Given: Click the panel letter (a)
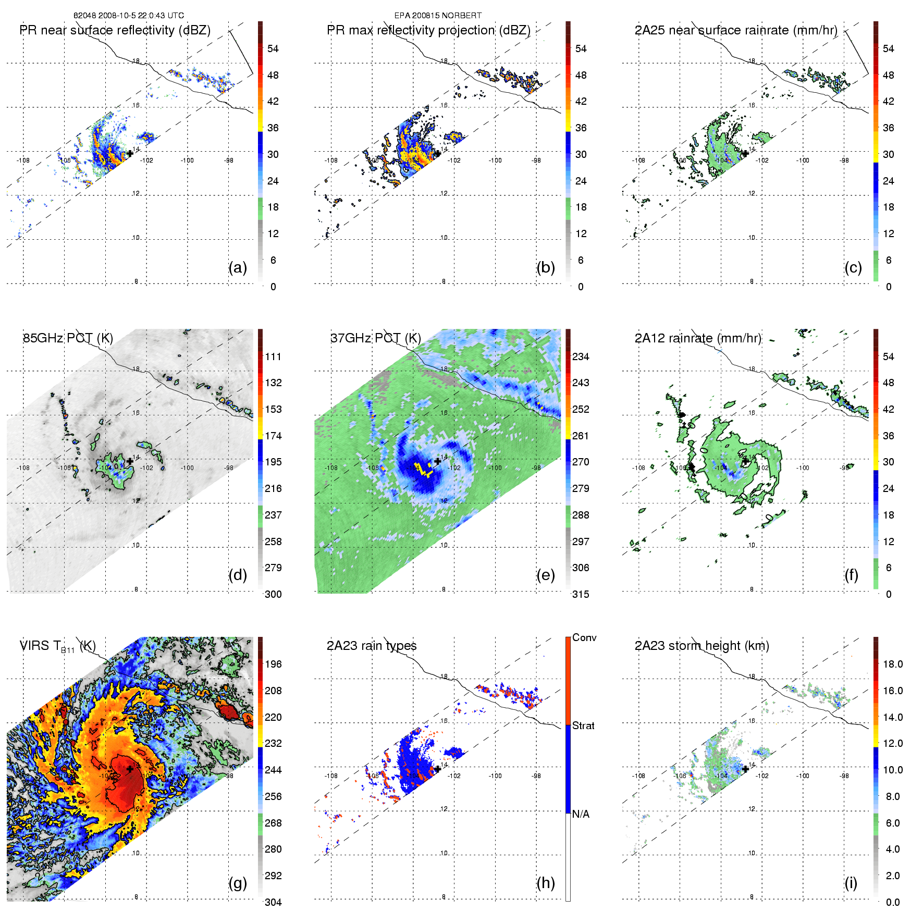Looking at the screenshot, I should click(x=238, y=268).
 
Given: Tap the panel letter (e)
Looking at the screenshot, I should click(x=545, y=575).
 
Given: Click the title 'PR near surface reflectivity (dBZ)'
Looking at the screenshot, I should click(x=115, y=30).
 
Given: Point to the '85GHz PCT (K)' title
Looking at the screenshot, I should click(x=68, y=338).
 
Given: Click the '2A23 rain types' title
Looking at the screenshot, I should click(x=372, y=646).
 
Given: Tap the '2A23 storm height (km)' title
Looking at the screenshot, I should click(x=702, y=646).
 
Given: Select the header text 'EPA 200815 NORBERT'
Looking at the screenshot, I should click(x=438, y=16).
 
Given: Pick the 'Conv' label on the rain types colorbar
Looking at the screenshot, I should click(x=584, y=637).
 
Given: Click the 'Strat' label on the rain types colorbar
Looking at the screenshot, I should click(x=583, y=725).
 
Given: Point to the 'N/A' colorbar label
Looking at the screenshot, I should click(x=581, y=814).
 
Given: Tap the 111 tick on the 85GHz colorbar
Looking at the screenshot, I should click(x=273, y=356).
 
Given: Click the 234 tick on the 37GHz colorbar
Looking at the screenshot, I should click(x=581, y=356).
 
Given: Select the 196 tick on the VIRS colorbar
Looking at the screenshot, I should click(x=273, y=664).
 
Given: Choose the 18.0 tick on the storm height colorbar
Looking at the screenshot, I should click(x=892, y=664).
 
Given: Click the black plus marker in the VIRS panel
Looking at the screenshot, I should click(x=130, y=769).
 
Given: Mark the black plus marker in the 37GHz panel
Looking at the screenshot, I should click(x=437, y=461).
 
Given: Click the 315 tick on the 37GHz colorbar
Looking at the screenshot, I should click(x=581, y=594).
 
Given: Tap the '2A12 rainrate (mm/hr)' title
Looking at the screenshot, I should click(x=698, y=338).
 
